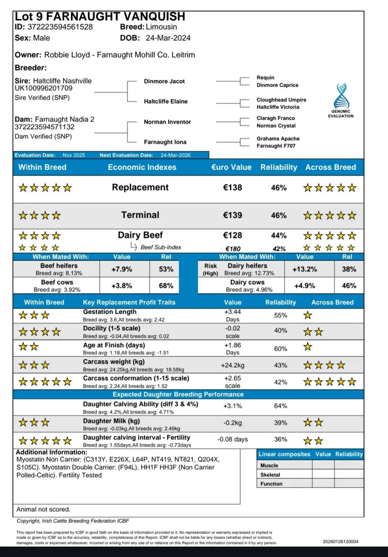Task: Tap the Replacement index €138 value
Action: pos(232,188)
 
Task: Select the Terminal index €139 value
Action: pos(232,215)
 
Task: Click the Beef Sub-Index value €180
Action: pos(232,249)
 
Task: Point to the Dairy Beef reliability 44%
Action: pos(278,236)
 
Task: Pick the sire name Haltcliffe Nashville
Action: pos(63,81)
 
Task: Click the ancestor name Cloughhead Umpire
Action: pos(281,100)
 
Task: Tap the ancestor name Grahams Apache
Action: pos(278,139)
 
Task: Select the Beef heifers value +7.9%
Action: pos(122,269)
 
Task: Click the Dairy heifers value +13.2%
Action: pos(304,269)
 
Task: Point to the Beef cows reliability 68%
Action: pos(166,285)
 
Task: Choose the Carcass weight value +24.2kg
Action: pos(233,365)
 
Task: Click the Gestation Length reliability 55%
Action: pos(280,315)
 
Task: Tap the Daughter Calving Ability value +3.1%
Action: pos(233,406)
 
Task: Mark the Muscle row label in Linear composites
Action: pos(269,465)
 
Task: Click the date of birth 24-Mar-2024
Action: pos(168,38)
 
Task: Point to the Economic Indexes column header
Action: pos(142,167)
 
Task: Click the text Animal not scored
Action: pos(44,509)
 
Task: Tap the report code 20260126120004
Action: pos(341,541)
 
